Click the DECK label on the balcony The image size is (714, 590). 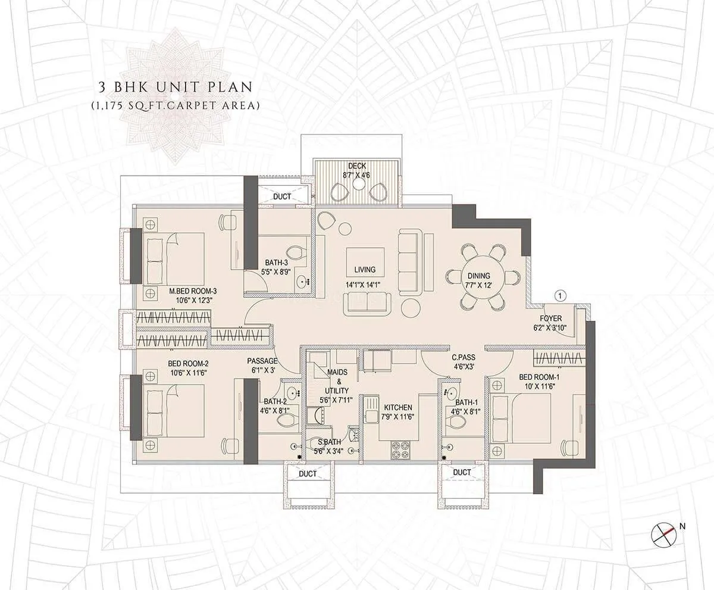[x=357, y=167]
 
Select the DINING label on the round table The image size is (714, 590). [x=478, y=276]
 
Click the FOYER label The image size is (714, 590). [x=551, y=319]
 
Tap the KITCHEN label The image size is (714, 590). [x=398, y=407]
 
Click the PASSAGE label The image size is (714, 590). [x=262, y=361]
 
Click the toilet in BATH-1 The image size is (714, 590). [x=458, y=421]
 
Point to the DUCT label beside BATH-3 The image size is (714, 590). [x=283, y=196]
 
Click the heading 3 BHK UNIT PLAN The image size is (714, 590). [x=176, y=87]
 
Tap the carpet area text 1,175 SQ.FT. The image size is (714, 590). [x=176, y=106]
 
